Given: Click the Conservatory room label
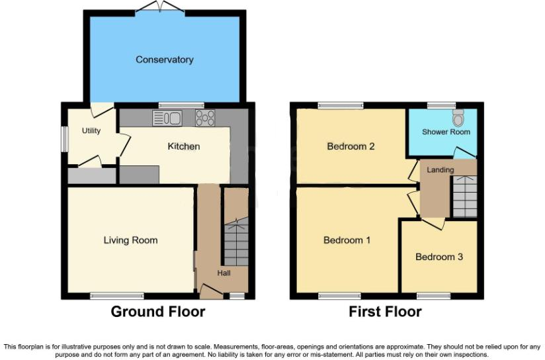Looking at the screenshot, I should pos(165,60).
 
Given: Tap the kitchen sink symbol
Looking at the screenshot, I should pos(167,118).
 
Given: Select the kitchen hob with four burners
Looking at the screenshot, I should pos(205,118).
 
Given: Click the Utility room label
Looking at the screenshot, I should pos(91,130).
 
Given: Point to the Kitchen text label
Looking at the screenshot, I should pos(183,146).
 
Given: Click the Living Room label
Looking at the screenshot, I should pos(130,240).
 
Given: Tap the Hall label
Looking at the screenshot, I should pos(224,273).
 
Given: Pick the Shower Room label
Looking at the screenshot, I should pos(446,132).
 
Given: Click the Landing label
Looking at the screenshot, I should pos(440,170).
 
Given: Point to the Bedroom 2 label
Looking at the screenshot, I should pos(351,146).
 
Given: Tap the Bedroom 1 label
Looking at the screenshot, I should pos(347,240).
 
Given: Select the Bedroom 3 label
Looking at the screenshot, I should pos(439,257).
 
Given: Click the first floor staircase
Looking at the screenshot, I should pos(464,197).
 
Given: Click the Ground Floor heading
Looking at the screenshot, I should pos(157,312).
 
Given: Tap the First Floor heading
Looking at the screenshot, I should pos(385,312).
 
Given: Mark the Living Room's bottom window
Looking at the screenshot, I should pos(116,295).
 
